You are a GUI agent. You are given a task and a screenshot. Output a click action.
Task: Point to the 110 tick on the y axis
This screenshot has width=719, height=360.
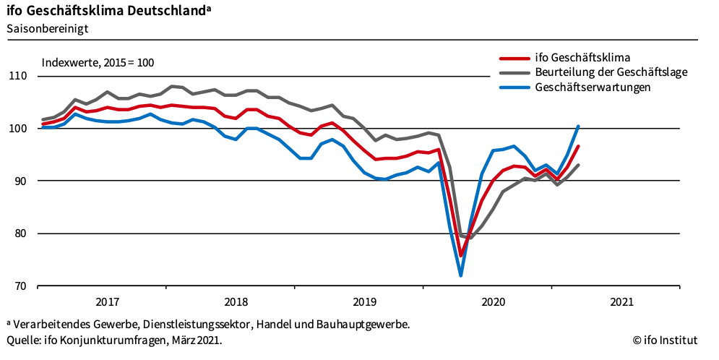[17, 76]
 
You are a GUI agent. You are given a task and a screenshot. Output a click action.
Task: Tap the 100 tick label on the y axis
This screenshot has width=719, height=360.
[17, 129]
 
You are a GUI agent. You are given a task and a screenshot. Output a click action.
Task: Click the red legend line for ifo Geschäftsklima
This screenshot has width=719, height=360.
[514, 57]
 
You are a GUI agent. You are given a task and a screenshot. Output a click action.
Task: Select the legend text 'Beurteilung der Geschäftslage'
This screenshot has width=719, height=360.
[611, 72]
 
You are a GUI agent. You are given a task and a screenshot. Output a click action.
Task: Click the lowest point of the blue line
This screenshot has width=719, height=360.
[460, 275]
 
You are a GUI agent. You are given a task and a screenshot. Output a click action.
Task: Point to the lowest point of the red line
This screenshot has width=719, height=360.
[460, 255]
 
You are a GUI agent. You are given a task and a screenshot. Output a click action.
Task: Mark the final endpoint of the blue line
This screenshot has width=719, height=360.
[578, 126]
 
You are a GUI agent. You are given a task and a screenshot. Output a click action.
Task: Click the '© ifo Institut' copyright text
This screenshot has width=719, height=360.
[666, 340]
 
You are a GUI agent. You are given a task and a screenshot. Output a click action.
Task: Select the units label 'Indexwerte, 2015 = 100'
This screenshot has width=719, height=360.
[98, 63]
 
